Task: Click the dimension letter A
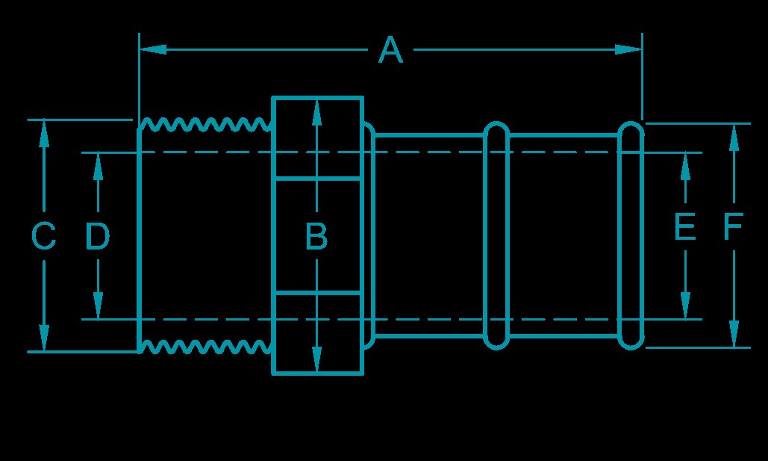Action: coord(390,51)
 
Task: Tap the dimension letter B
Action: coord(317,238)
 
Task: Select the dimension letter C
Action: coord(44,238)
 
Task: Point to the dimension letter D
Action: coord(97,238)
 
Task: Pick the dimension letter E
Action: coord(684,227)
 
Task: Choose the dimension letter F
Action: coord(733,227)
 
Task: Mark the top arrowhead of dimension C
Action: coord(44,132)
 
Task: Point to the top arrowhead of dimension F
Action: coord(734,135)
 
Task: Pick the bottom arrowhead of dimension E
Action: coord(685,306)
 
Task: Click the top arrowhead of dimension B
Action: coord(317,111)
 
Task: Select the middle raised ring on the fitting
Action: coord(496,235)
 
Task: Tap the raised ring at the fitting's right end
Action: coord(631,235)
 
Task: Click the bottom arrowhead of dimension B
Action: coord(317,359)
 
